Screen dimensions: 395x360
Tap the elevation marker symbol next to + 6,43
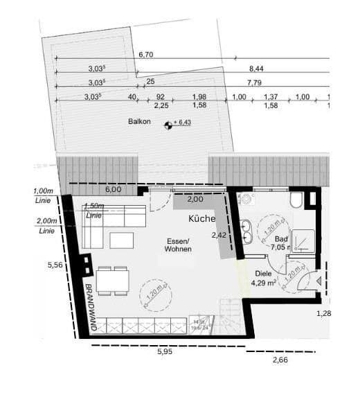click(x=167, y=125)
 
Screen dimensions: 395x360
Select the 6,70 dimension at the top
click(x=145, y=54)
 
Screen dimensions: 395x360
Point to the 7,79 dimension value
click(x=256, y=83)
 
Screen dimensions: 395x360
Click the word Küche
click(x=201, y=218)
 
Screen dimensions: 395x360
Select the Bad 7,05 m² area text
click(x=267, y=242)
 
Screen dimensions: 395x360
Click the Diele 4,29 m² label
click(x=263, y=278)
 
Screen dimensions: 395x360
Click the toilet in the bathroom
click(x=296, y=200)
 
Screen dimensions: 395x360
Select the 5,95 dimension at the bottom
click(x=165, y=352)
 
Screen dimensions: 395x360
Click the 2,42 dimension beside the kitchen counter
click(x=218, y=235)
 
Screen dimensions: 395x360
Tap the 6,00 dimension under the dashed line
click(x=113, y=189)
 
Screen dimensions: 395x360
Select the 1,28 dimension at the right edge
click(x=323, y=314)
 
